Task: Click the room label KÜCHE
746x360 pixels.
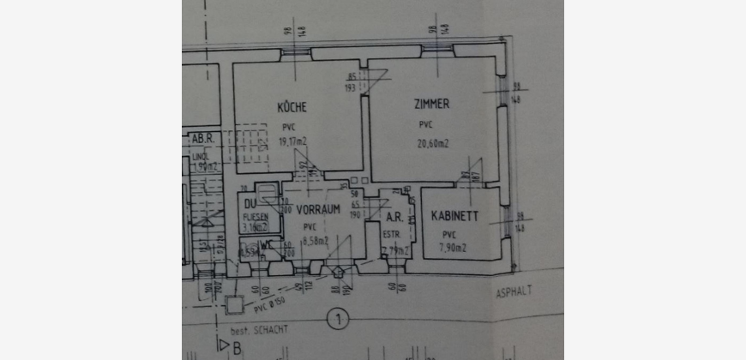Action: click(292, 107)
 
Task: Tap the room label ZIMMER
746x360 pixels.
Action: click(430, 104)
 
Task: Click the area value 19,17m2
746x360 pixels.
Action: click(295, 141)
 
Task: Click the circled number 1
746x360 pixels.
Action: click(340, 321)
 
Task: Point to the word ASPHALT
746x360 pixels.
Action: click(514, 291)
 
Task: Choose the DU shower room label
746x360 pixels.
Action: click(250, 204)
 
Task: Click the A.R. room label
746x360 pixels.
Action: click(394, 217)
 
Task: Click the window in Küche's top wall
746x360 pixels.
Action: click(293, 53)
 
